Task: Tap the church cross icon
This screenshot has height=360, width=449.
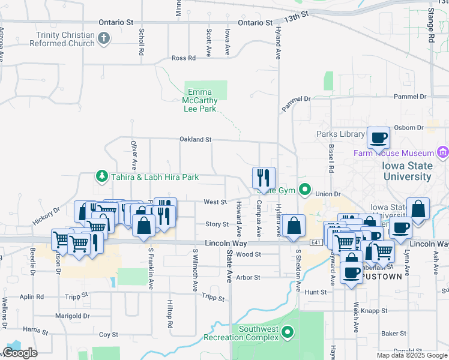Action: click(x=104, y=39)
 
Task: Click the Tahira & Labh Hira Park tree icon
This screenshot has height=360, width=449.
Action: click(x=101, y=176)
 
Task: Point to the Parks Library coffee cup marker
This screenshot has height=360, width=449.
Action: click(x=378, y=138)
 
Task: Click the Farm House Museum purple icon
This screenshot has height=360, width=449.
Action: click(x=443, y=152)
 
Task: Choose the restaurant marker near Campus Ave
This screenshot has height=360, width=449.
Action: click(x=264, y=178)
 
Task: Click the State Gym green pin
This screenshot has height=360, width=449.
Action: click(x=305, y=190)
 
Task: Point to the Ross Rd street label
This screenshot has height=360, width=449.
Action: click(x=184, y=58)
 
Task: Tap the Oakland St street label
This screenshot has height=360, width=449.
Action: click(x=196, y=139)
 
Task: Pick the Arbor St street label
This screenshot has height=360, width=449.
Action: click(x=248, y=278)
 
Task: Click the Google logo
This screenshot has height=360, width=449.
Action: click(x=20, y=353)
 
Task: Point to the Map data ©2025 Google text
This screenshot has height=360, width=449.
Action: click(x=412, y=355)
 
